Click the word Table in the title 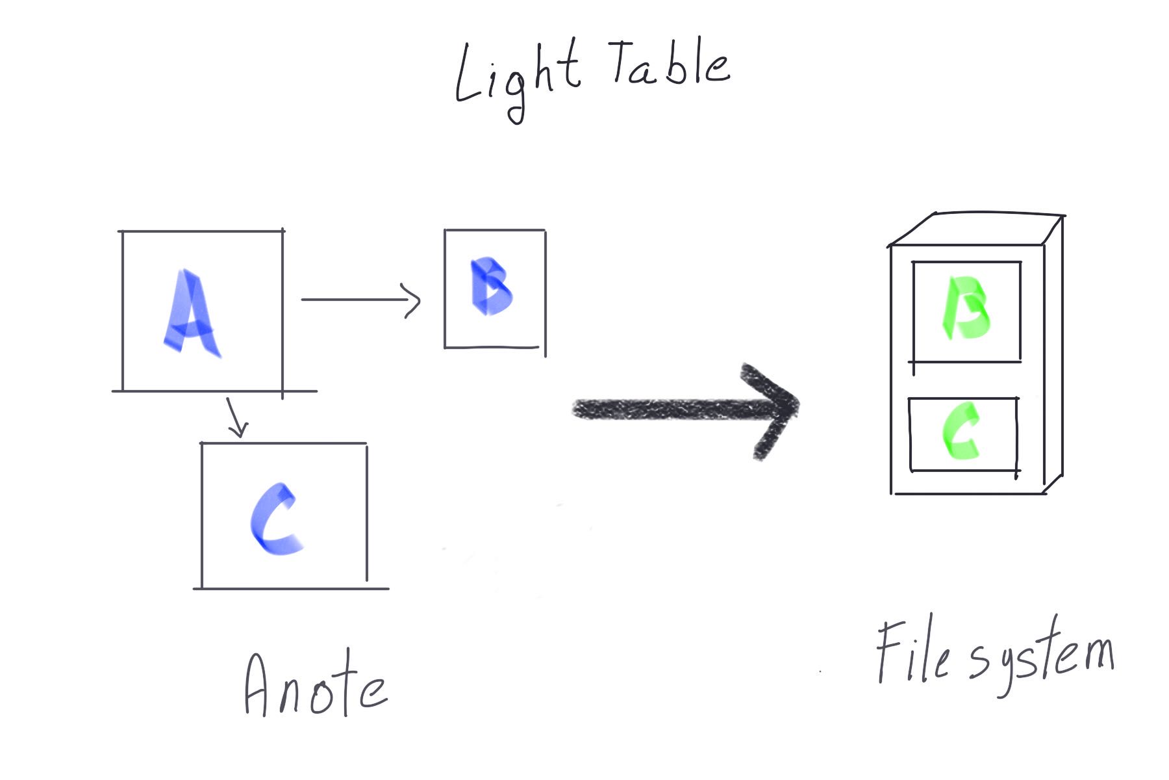pyautogui.click(x=669, y=65)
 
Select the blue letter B pyautogui.click(x=490, y=287)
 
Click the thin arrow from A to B pyautogui.click(x=357, y=300)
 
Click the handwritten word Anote pyautogui.click(x=315, y=686)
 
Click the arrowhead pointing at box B pyautogui.click(x=412, y=300)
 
